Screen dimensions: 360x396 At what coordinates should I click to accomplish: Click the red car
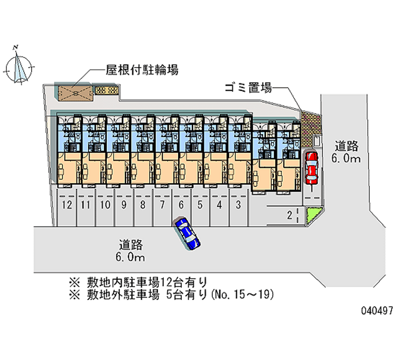311,167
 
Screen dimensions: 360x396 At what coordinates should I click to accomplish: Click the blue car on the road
187,232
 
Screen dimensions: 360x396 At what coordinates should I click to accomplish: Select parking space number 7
162,205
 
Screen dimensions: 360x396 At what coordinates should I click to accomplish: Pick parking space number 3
238,205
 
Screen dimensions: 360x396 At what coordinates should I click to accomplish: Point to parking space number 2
289,214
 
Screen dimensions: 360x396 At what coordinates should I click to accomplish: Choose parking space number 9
123,205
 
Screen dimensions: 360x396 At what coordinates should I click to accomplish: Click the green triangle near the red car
313,214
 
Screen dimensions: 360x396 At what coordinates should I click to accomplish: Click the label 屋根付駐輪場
142,70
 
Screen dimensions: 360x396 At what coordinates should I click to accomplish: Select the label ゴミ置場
247,89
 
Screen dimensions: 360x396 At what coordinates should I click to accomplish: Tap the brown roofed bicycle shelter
74,92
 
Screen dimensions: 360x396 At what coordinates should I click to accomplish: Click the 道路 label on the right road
346,146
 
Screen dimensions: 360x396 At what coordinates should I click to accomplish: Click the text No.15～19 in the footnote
243,295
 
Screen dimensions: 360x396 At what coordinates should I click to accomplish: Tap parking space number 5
200,205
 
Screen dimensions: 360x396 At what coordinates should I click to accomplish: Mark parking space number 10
104,205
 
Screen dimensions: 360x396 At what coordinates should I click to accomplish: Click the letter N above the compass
16,48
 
